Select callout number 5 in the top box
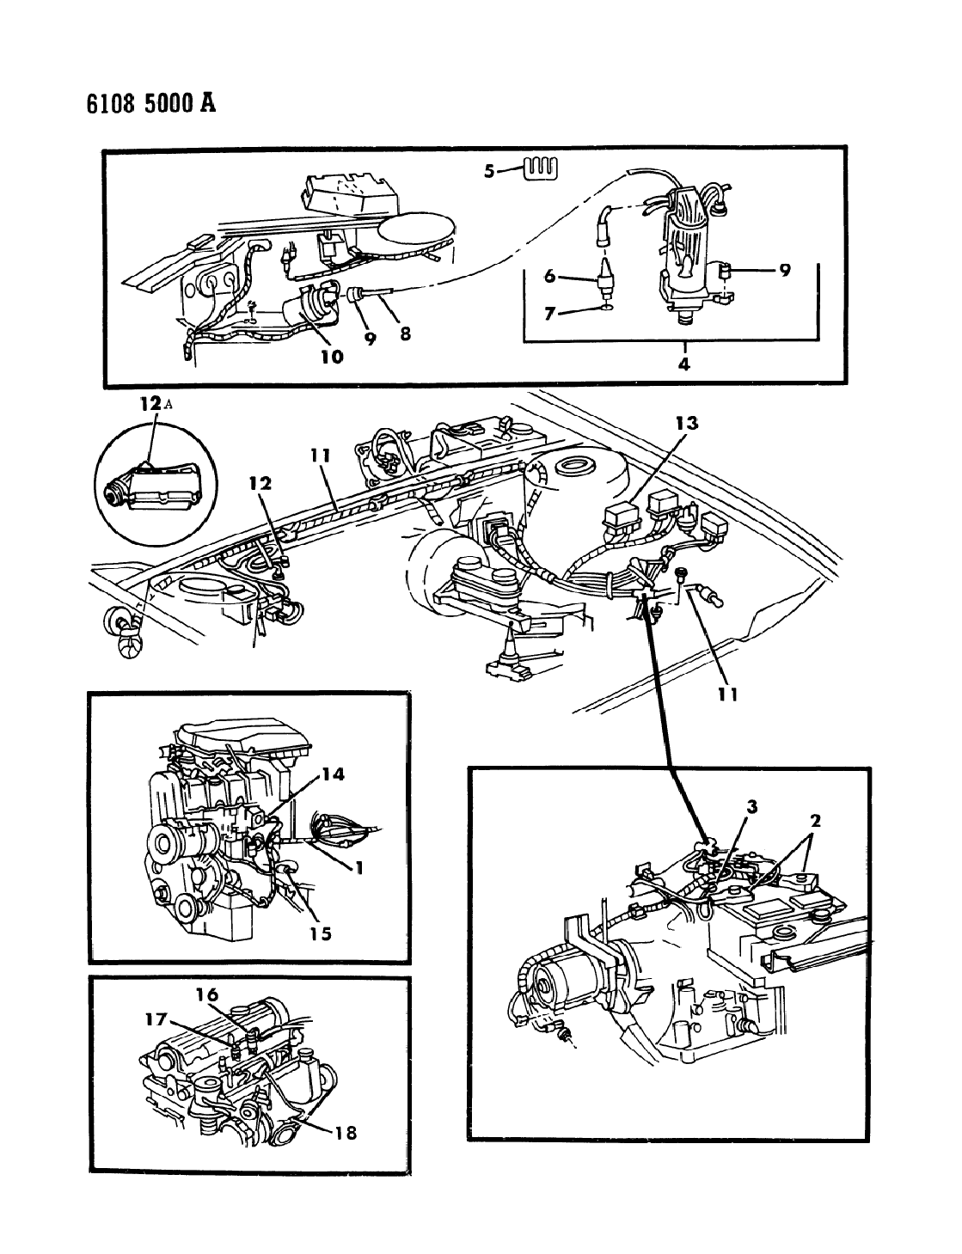point(488,172)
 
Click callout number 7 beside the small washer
point(549,315)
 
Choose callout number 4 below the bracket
point(684,364)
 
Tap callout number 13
point(687,423)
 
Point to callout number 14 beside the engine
point(333,774)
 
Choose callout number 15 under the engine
point(320,933)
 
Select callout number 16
point(207,994)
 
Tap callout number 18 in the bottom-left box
point(346,1133)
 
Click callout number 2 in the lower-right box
point(815,820)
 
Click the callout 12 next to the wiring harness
point(260,483)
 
